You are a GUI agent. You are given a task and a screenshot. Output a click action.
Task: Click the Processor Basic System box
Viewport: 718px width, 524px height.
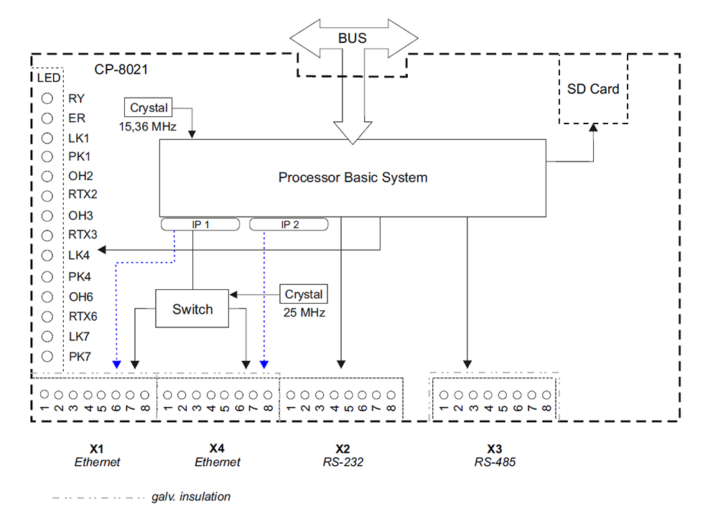(x=352, y=177)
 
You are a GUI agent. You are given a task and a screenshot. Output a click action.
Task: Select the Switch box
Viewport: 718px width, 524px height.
(x=192, y=309)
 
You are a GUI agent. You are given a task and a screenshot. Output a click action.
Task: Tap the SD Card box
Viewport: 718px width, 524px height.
(x=593, y=89)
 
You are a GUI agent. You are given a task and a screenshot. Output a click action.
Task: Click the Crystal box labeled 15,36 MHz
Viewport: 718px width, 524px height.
(x=149, y=108)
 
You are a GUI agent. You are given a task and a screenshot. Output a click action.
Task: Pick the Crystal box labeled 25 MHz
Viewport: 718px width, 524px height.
(x=304, y=294)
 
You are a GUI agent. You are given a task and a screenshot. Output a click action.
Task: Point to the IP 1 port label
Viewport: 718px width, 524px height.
(x=200, y=225)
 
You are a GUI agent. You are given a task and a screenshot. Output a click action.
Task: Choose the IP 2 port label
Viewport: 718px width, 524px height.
(x=289, y=225)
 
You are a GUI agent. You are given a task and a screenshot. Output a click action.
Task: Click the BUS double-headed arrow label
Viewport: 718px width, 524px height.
(x=353, y=37)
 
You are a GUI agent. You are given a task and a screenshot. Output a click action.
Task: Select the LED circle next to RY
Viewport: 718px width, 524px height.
(x=48, y=99)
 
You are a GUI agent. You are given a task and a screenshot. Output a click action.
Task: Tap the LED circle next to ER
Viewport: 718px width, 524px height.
(x=48, y=118)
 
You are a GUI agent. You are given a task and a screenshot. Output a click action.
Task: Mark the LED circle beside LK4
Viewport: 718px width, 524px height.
(x=48, y=256)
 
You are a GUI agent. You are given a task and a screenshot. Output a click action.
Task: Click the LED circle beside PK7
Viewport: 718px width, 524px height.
(x=48, y=356)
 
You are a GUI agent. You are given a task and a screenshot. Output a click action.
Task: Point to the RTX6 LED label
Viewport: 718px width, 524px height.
(x=83, y=317)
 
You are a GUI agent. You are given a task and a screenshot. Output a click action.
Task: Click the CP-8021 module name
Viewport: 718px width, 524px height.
(x=121, y=70)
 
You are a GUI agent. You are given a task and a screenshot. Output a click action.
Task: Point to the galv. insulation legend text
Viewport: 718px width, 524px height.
(x=191, y=497)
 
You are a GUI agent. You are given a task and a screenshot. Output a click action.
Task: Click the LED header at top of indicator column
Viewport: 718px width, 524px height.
(x=48, y=78)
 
